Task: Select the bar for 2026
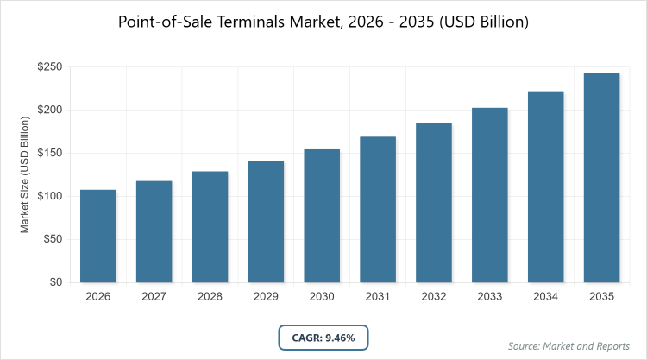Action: tap(98, 236)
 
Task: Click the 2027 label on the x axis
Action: tap(154, 297)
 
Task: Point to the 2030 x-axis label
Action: tap(322, 297)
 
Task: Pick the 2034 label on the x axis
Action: tap(546, 297)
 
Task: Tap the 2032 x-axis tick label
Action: tap(434, 297)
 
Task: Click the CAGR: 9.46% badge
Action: tap(323, 338)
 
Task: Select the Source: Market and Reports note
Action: tap(570, 345)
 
